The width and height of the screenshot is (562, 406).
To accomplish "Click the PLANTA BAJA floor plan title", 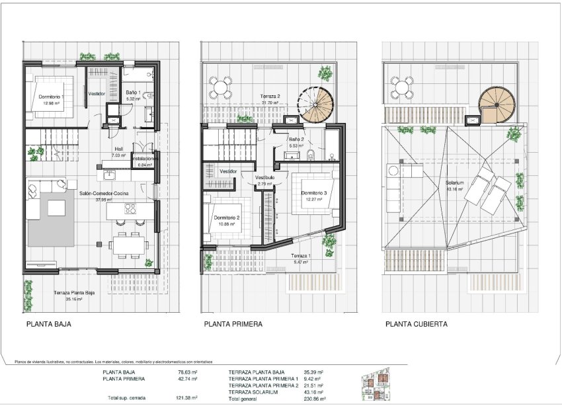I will [48, 325].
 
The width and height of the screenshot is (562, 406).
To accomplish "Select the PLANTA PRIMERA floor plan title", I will [233, 325].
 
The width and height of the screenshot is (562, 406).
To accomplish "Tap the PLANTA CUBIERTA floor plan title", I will [417, 325].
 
